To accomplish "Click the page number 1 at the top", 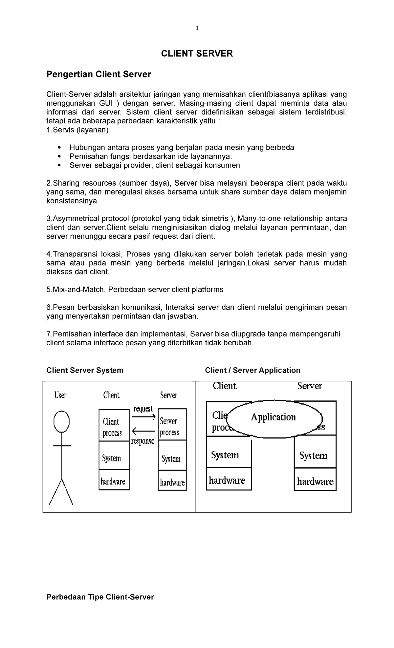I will point(197,28).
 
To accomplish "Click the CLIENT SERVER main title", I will point(197,54).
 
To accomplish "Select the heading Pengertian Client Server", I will point(98,74).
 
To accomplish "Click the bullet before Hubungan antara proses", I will point(59,148).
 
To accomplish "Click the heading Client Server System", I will point(85,370).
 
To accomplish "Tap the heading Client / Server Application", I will point(252,370).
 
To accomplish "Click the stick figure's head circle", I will point(62,421).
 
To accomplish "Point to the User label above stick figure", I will point(60,395).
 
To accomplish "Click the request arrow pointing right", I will point(143,417).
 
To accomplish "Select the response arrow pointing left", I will point(143,431).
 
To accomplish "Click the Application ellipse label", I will point(273,417).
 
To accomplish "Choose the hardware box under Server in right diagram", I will point(315,481).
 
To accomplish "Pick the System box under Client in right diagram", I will point(229,455).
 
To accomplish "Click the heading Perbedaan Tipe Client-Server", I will point(100,597).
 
